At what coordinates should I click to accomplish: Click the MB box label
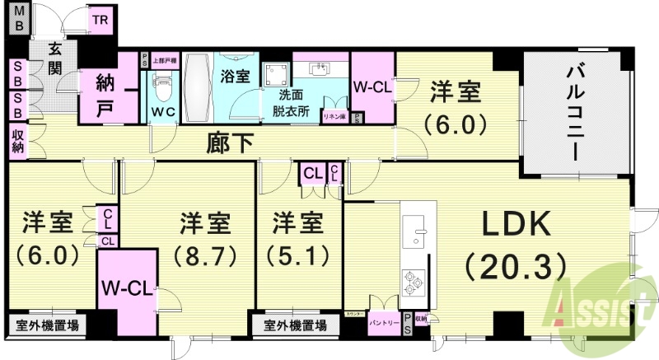(17, 19)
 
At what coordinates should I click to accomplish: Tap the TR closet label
(100, 20)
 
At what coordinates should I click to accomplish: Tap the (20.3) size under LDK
(515, 265)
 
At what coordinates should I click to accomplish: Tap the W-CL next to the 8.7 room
(124, 288)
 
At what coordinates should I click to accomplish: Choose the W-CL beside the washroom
(372, 86)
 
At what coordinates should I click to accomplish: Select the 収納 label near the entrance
(17, 141)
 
